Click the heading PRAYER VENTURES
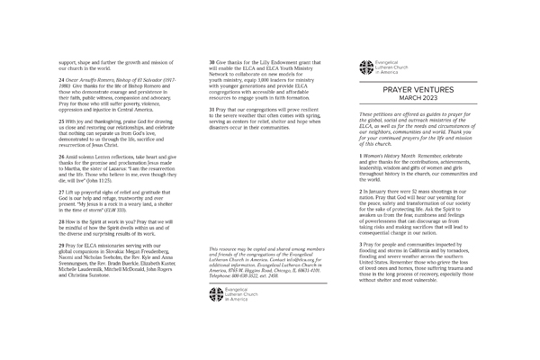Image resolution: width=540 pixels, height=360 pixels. click(x=418, y=90)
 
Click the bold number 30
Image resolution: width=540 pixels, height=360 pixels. click(x=211, y=61)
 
